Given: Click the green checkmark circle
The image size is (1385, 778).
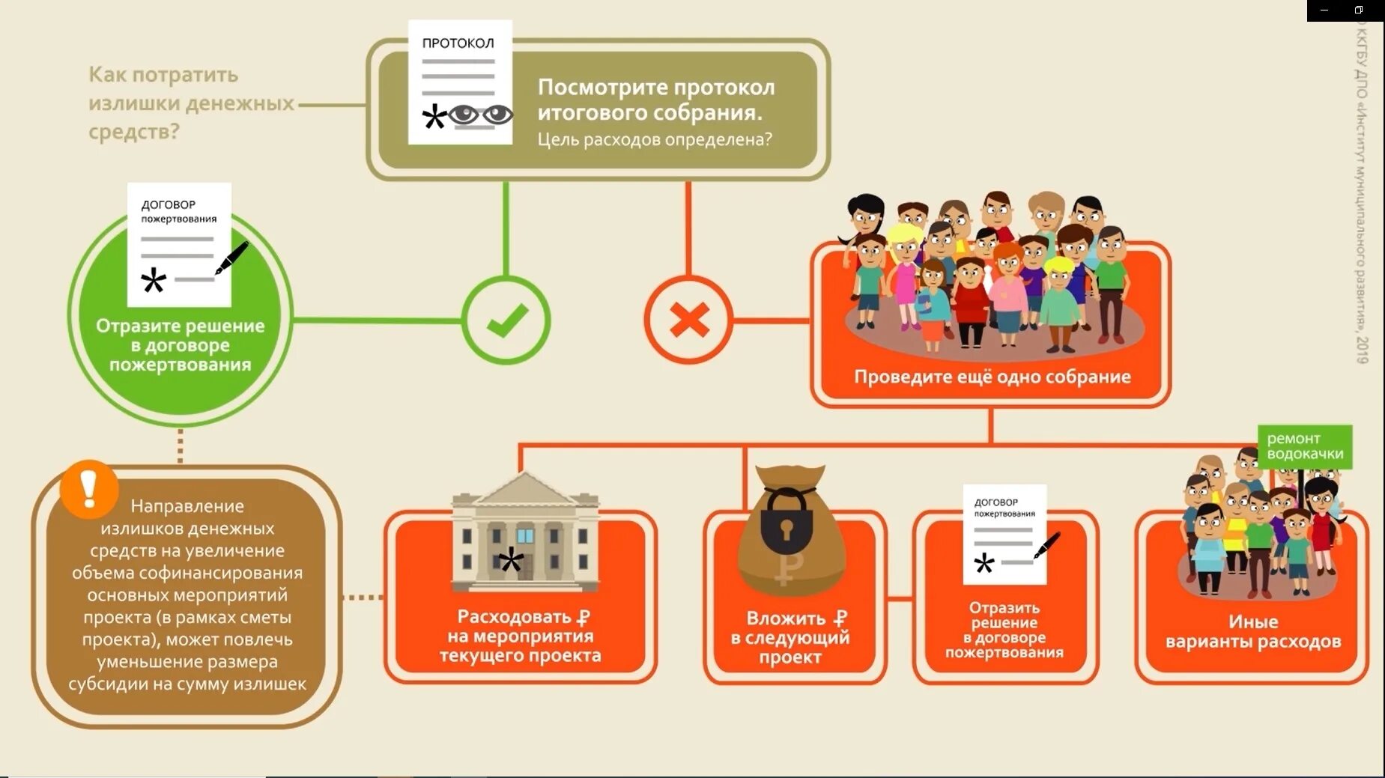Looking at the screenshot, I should pos(506,320).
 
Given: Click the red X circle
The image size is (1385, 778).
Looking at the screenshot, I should pos(688,320).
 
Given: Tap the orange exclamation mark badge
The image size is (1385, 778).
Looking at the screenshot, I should pos(89,489).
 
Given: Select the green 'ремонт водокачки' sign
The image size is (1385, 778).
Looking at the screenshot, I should pos(1305,446).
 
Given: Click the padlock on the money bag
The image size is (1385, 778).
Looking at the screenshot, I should pos(786,523).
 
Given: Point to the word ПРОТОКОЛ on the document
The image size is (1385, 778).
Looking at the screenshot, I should pos(458,43).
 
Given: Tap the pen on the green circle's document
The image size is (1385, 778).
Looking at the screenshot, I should pos(231,258).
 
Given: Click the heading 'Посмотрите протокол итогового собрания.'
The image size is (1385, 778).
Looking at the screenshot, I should pos(655,100).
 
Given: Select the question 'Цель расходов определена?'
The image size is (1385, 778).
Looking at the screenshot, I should pos(654,139).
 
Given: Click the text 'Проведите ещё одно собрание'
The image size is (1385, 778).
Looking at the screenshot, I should pos(992,377).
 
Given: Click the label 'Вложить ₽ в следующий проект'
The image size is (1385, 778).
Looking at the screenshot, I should pos(790,638).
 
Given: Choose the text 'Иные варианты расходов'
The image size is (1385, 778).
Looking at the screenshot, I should pos(1252,631).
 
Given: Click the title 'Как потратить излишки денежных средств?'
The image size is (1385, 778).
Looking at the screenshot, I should pos(190,103).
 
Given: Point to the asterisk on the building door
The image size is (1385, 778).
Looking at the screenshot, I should pos(512,560).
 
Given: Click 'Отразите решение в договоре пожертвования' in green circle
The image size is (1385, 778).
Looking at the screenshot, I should pos(180,345).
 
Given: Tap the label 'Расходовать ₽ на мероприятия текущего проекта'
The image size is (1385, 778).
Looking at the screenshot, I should pos(521,636).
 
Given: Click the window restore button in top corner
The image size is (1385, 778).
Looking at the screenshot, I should pos(1359,10).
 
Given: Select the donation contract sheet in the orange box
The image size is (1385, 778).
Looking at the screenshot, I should pos(1004,533).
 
